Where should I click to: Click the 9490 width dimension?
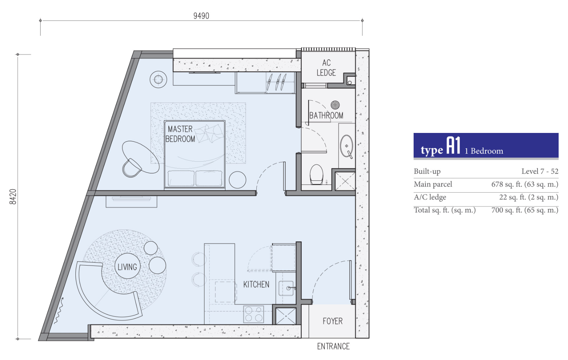click(201, 16)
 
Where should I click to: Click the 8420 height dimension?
click(13, 197)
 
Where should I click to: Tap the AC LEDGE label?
click(326, 68)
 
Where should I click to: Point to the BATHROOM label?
click(326, 116)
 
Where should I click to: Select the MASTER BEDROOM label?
click(180, 134)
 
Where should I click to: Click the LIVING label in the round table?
click(127, 267)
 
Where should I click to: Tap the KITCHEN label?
click(256, 285)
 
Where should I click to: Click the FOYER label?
click(333, 321)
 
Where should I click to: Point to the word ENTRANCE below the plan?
click(334, 346)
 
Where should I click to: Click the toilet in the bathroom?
click(316, 174)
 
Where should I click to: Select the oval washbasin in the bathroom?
click(346, 146)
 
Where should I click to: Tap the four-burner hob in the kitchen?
click(253, 314)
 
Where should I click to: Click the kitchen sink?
click(286, 289)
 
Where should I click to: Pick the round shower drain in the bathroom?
click(335, 105)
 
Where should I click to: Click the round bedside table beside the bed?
click(237, 180)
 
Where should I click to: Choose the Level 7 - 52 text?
click(540, 171)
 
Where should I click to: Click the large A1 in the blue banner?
click(453, 146)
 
